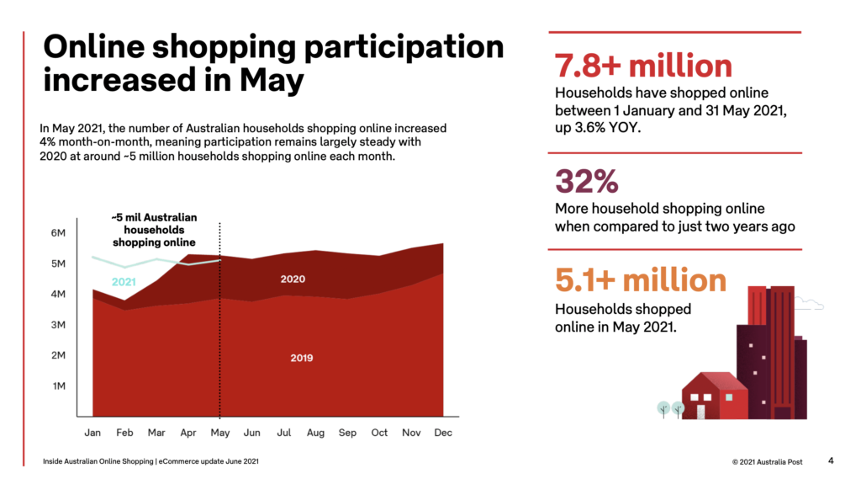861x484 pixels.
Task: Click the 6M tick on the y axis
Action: tap(60, 233)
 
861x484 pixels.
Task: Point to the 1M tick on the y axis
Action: tap(60, 386)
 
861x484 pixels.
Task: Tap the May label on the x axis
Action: tap(219, 433)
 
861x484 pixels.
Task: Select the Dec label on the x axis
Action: tap(443, 433)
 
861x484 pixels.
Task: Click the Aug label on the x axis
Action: tap(315, 433)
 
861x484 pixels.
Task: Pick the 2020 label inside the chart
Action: tap(292, 279)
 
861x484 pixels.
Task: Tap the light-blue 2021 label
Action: tap(124, 282)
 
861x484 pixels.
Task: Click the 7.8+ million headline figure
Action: tap(643, 66)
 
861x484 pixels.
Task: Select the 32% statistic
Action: tap(586, 181)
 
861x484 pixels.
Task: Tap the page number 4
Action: tap(831, 460)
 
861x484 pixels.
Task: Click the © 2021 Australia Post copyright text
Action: tap(769, 461)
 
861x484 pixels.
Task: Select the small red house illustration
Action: tap(714, 396)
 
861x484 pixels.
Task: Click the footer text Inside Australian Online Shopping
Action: tap(98, 461)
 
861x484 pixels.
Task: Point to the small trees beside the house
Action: tap(671, 409)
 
